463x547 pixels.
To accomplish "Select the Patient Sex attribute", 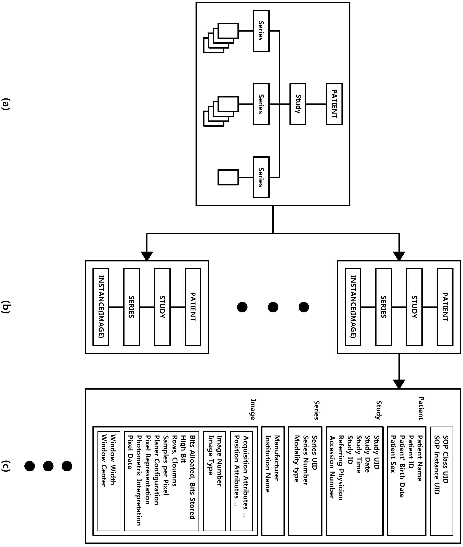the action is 393,454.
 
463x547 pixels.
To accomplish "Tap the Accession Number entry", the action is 332,467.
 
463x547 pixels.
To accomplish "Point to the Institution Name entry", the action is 267,464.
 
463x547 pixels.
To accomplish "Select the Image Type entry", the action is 210,455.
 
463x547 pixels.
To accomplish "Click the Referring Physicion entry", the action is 340,468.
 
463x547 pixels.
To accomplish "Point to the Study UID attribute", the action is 376,452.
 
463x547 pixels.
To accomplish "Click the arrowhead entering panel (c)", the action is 399,384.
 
